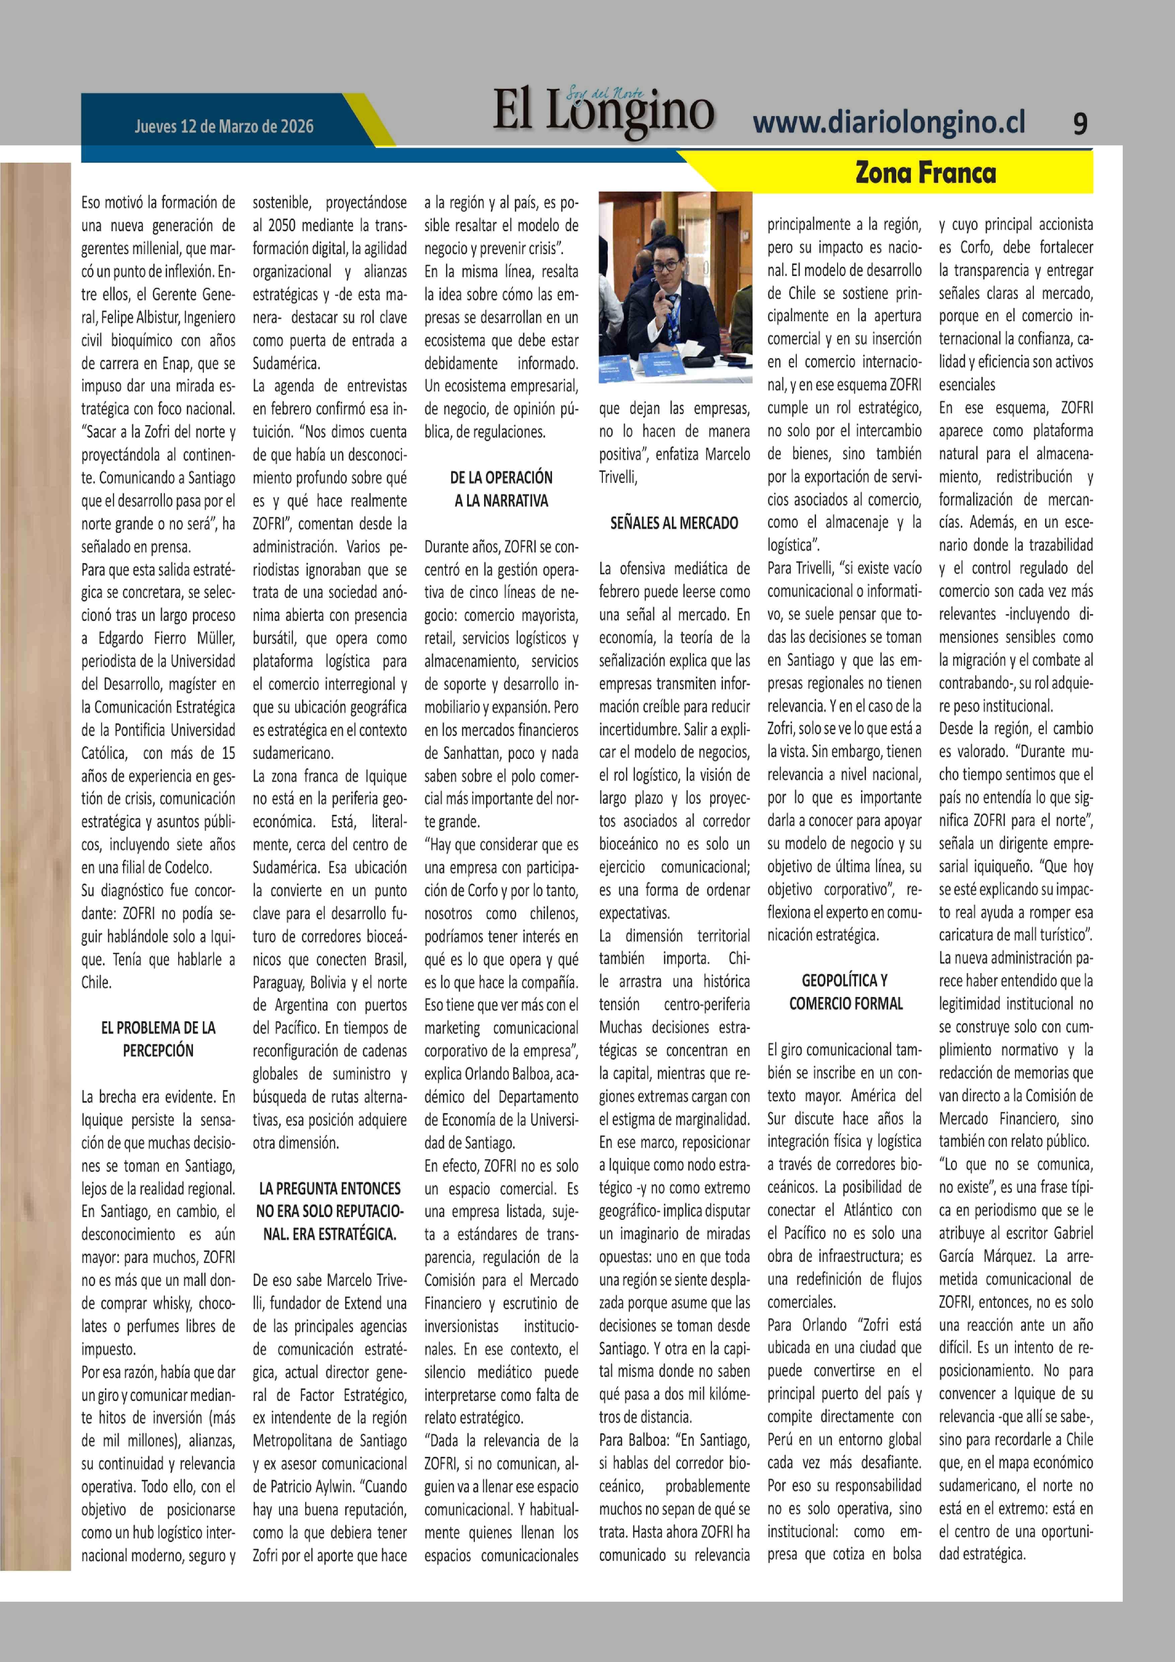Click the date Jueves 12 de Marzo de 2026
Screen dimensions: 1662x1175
tap(224, 127)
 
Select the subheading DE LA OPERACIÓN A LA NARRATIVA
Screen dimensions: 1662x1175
tap(501, 489)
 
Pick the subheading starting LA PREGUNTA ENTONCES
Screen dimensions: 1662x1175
tap(329, 1211)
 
